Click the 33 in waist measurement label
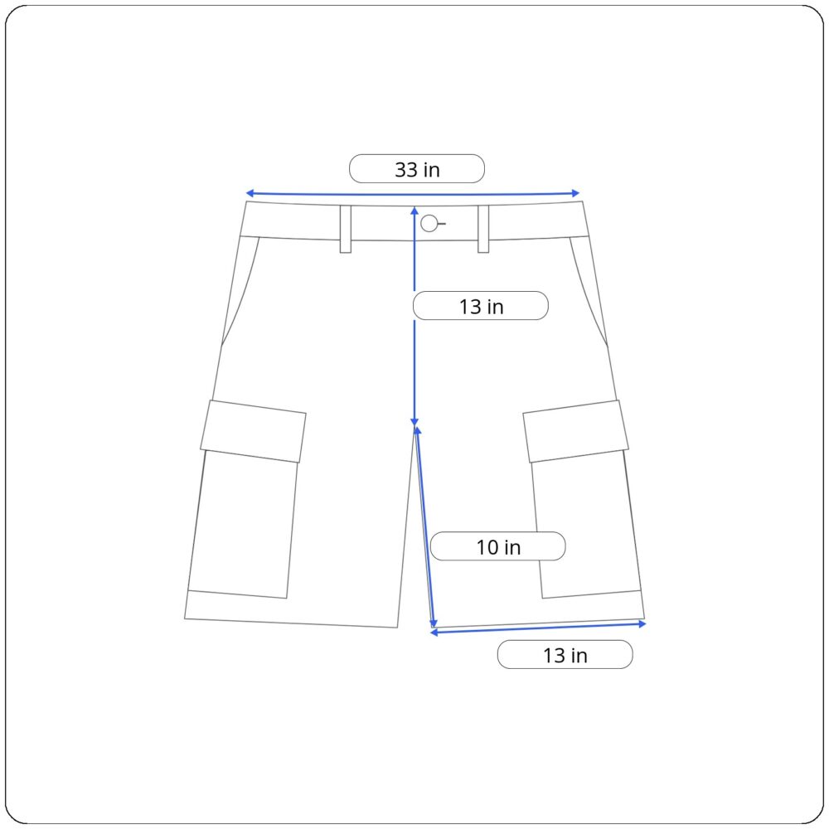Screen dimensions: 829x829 pos(417,169)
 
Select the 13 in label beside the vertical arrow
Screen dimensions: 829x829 pos(481,306)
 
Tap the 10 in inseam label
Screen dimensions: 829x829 pos(498,546)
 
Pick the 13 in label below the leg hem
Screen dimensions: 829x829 pos(565,655)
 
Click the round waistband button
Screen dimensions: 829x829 pos(429,223)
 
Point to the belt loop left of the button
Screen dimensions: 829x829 pos(346,229)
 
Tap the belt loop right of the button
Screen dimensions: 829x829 pos(483,229)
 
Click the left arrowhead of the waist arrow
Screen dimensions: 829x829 pos(250,194)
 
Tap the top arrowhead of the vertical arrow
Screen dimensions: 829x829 pos(414,211)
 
